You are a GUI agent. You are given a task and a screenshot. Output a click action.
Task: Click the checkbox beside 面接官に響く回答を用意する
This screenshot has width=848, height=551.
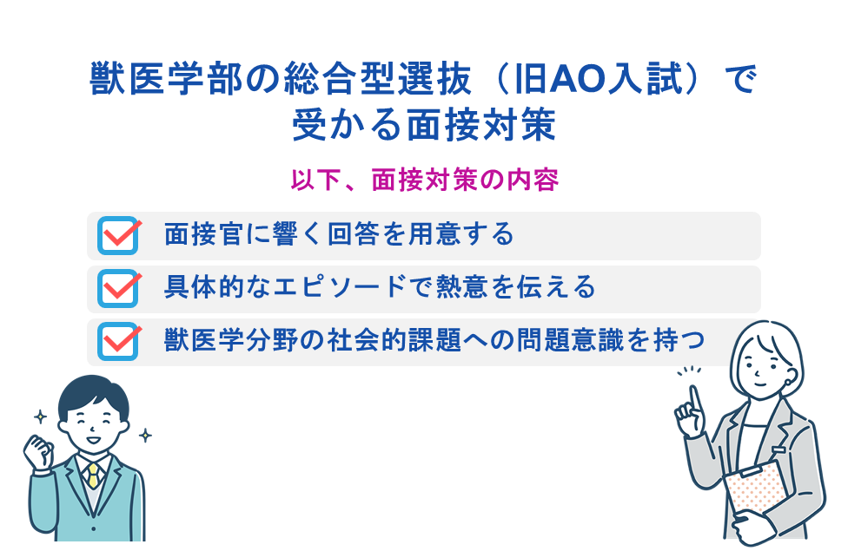click(x=118, y=235)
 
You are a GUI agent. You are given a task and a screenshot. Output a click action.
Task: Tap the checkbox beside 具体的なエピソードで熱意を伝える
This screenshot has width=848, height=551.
click(x=118, y=288)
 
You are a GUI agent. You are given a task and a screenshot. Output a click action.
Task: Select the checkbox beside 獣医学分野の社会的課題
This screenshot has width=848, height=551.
click(x=118, y=341)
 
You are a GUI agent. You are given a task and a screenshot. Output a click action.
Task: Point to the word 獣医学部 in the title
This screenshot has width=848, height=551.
click(x=166, y=80)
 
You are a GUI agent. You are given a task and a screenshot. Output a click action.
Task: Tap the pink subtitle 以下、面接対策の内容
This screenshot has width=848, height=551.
click(x=425, y=180)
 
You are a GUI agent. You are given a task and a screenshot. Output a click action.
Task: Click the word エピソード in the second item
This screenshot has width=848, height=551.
click(x=339, y=287)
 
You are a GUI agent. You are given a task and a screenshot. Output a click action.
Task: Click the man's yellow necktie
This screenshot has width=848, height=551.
click(x=94, y=476)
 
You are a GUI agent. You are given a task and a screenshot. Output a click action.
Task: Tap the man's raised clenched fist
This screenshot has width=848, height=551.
click(x=38, y=452)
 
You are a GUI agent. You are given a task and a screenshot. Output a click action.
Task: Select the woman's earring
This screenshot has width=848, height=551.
click(x=787, y=382)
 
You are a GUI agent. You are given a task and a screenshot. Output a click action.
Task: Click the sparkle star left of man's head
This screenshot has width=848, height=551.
click(x=40, y=417)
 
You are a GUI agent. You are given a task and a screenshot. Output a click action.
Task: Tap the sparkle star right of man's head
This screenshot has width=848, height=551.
click(x=145, y=435)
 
